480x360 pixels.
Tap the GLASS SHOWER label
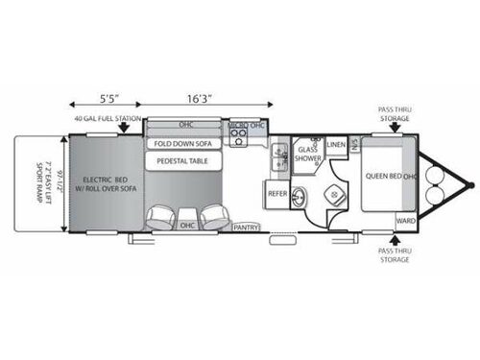pos(307,155)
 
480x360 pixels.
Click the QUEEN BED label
pos(381,177)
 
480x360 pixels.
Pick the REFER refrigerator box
pos(277,194)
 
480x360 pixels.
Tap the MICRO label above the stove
pos(236,126)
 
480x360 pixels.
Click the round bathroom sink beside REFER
pos(298,198)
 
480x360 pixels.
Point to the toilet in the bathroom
pos(335,195)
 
